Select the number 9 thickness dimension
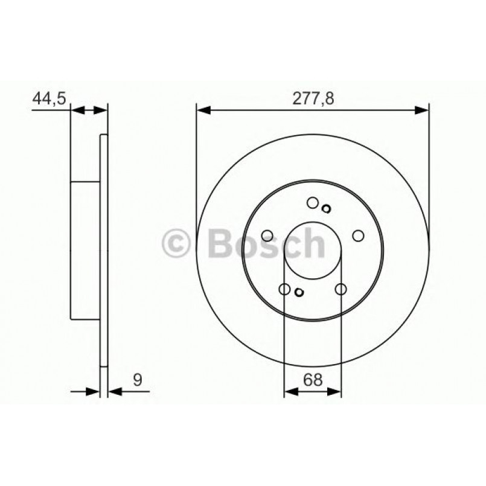point(138,380)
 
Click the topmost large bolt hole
point(312,202)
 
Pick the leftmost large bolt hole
point(267,235)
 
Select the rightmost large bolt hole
point(357,235)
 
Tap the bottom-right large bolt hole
point(341,289)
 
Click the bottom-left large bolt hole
point(284,289)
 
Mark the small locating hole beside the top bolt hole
point(326,209)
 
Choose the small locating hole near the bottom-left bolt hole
point(299,293)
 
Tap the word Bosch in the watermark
point(266,243)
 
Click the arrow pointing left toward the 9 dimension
point(114,392)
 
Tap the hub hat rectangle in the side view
point(85,250)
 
